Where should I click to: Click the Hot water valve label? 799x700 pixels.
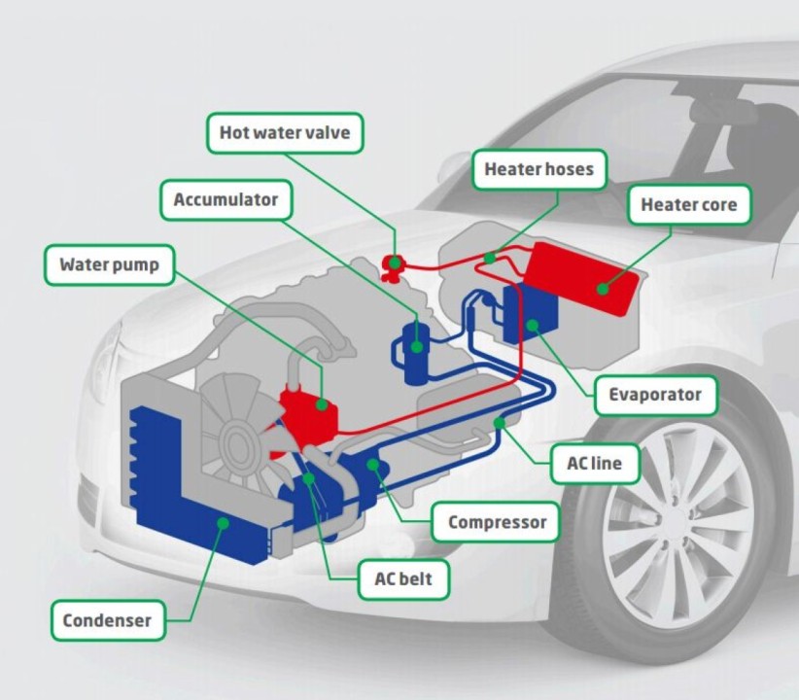pyautogui.click(x=285, y=132)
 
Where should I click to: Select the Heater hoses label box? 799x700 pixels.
pyautogui.click(x=538, y=169)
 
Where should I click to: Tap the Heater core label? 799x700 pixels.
pyautogui.click(x=688, y=205)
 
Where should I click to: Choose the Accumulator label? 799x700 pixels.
pyautogui.click(x=226, y=200)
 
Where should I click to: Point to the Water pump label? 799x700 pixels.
pyautogui.click(x=109, y=264)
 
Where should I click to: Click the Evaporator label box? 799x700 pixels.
pyautogui.click(x=654, y=395)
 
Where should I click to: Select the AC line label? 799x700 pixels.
pyautogui.click(x=594, y=464)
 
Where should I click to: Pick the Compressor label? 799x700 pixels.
pyautogui.click(x=497, y=523)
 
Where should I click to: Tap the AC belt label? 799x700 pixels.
pyautogui.click(x=402, y=580)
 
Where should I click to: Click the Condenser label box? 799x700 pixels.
pyautogui.click(x=107, y=620)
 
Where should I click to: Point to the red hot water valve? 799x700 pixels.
pyautogui.click(x=394, y=264)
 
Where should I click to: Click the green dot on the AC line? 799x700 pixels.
pyautogui.click(x=500, y=422)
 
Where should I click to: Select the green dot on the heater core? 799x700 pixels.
pyautogui.click(x=604, y=288)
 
